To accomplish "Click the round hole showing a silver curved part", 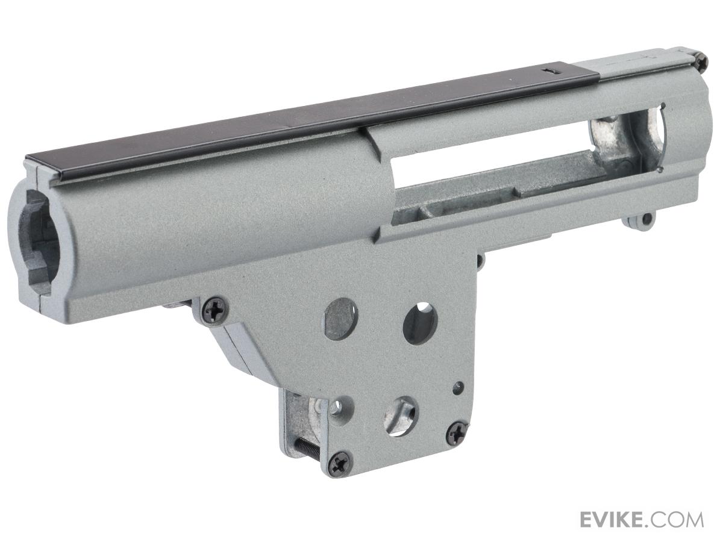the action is coord(399,416).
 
